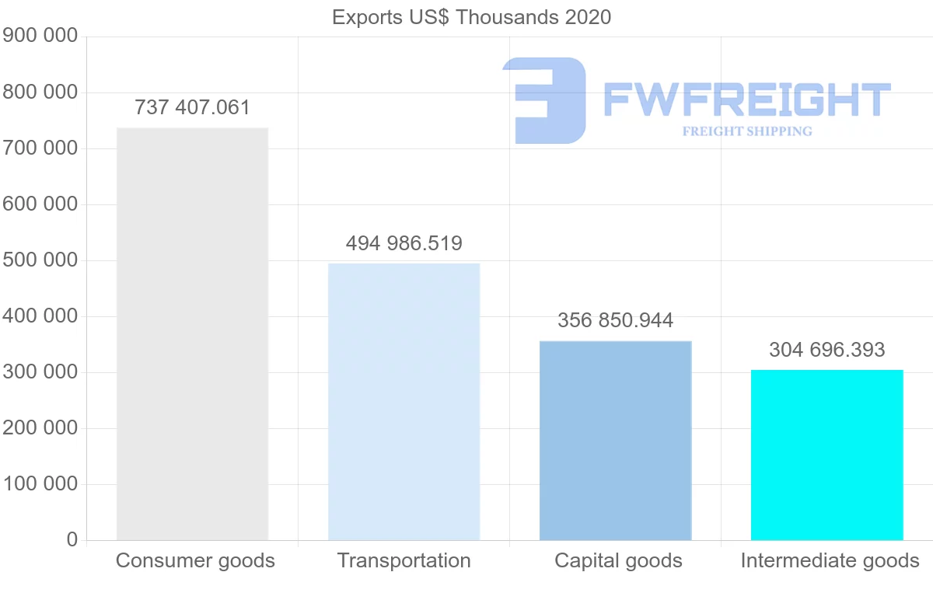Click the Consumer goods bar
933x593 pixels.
click(192, 334)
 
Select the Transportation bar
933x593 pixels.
click(404, 402)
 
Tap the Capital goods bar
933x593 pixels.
click(615, 441)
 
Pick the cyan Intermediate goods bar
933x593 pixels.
click(826, 455)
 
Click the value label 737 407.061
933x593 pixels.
click(192, 107)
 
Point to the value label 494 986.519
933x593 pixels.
click(404, 243)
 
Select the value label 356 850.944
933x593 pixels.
click(615, 320)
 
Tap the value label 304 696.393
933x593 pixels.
click(826, 350)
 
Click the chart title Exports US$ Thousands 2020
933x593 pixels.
click(471, 17)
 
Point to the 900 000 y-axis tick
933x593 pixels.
click(40, 37)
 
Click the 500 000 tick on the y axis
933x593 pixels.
click(40, 260)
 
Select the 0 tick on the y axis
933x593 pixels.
click(72, 540)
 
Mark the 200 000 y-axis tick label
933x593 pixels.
click(40, 428)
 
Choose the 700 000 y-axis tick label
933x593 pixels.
click(40, 148)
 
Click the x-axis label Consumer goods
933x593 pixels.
click(195, 561)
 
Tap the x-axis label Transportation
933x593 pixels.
click(404, 561)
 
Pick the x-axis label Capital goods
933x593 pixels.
click(618, 561)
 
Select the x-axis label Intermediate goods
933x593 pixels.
click(830, 561)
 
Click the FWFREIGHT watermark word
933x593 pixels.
click(746, 99)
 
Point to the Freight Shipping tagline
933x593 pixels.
click(746, 131)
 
